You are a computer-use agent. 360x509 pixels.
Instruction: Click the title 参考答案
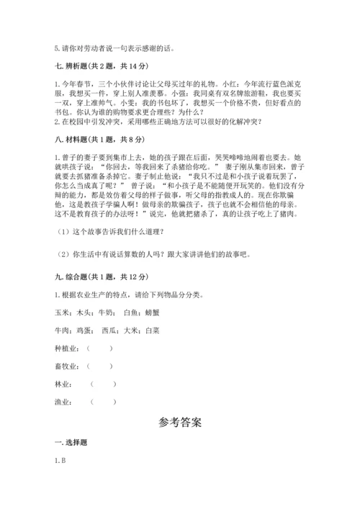[179, 423]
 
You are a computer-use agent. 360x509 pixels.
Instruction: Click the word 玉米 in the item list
[60, 313]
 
